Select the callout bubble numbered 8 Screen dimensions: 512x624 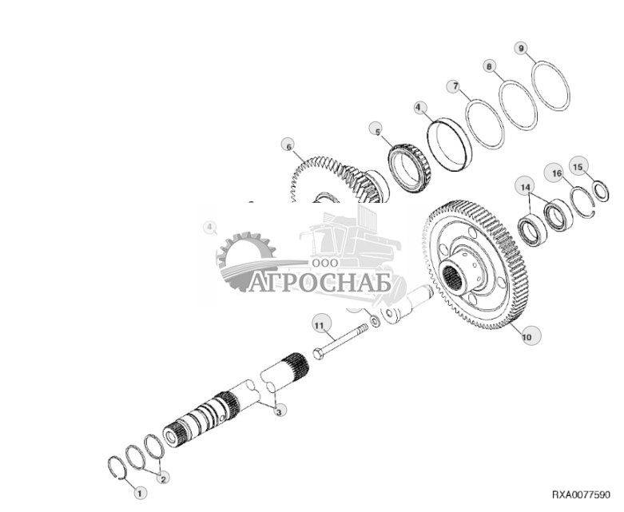490,66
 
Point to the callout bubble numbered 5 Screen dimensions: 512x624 376,129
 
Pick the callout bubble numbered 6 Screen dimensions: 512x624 288,145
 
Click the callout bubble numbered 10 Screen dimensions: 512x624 527,337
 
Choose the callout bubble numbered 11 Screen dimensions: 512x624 320,325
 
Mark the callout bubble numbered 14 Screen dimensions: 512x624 524,188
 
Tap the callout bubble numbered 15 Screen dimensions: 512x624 578,167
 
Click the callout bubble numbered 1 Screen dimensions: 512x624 140,494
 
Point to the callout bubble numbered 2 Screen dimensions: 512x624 164,478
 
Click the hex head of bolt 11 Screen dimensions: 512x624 319,351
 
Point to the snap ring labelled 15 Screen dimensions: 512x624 601,192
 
